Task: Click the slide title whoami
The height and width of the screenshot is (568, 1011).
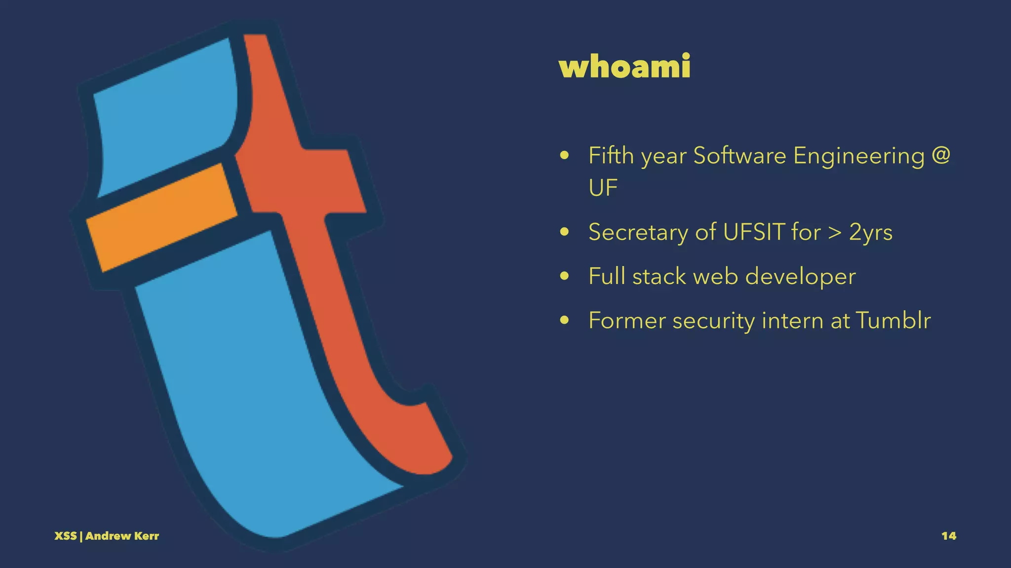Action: [x=624, y=67]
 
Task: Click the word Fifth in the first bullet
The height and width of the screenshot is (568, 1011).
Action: [x=611, y=156]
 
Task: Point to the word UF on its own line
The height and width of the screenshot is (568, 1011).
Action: [x=603, y=188]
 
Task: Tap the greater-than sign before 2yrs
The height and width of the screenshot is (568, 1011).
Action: [x=834, y=233]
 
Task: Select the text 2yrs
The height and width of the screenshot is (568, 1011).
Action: [x=871, y=233]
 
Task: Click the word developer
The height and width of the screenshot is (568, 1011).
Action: [x=800, y=277]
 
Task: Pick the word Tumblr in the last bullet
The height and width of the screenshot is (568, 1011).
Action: [x=893, y=320]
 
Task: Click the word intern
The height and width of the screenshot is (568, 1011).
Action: [x=793, y=320]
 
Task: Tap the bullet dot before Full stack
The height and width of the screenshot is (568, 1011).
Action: [x=565, y=277]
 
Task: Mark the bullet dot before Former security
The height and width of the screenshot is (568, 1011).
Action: [x=565, y=321]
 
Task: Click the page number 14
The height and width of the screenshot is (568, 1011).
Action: [x=948, y=536]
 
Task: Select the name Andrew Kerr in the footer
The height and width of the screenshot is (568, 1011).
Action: [x=122, y=536]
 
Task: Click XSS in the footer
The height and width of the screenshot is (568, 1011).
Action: [x=65, y=536]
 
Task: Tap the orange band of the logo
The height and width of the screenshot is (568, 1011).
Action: [x=160, y=217]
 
